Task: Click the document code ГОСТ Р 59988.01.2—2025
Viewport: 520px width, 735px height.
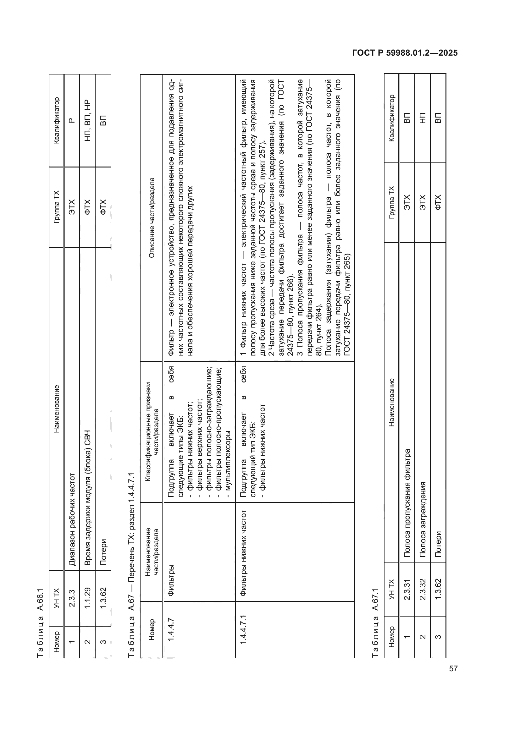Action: point(405,53)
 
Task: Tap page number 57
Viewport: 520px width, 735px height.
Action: point(453,668)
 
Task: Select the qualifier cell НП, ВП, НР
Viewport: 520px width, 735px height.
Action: point(87,121)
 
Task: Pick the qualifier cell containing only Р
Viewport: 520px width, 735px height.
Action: point(72,121)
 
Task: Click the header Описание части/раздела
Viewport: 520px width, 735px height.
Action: point(152,218)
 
